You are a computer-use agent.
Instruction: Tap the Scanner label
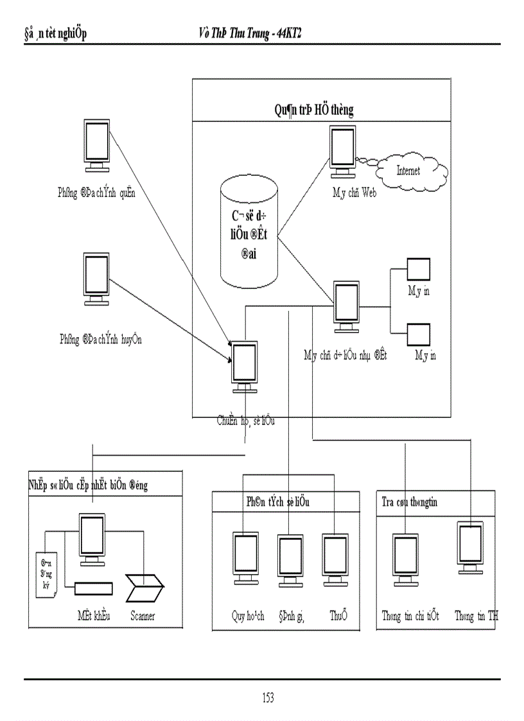[142, 616]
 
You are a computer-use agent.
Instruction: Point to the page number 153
[268, 698]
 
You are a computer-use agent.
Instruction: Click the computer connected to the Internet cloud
[342, 150]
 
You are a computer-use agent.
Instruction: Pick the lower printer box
[419, 333]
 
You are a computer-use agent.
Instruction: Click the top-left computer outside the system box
[97, 145]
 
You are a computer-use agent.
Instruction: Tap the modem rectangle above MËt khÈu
[93, 587]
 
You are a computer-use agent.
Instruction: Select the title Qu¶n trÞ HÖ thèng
[313, 110]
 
